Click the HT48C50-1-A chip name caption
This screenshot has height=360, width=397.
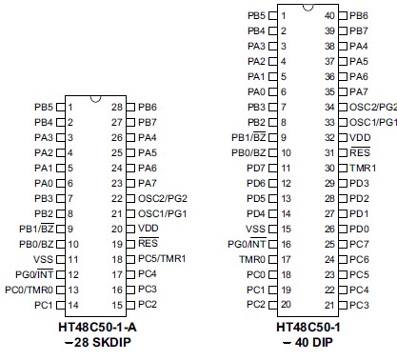[x=95, y=328]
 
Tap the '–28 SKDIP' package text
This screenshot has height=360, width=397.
[x=95, y=341]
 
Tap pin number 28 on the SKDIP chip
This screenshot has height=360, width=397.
[x=116, y=107]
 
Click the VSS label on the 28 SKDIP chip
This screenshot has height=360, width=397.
[x=43, y=259]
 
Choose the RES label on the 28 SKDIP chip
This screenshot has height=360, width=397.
[x=147, y=244]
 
